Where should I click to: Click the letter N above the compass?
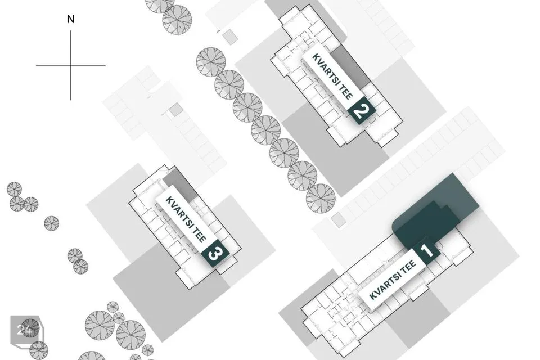pyautogui.click(x=71, y=19)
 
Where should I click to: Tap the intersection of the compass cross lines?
pyautogui.click(x=71, y=65)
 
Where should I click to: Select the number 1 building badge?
pyautogui.click(x=427, y=250)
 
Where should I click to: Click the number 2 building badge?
pyautogui.click(x=361, y=110)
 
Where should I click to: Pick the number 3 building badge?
pyautogui.click(x=215, y=254)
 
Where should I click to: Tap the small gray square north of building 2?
pyautogui.click(x=229, y=37)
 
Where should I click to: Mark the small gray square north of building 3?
pyautogui.click(x=176, y=110)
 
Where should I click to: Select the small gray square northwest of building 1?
pyautogui.click(x=338, y=220)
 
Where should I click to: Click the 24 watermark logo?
pyautogui.click(x=25, y=330)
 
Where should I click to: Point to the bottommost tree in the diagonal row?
pyautogui.click(x=321, y=199)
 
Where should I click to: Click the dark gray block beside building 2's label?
pyautogui.click(x=349, y=66)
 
